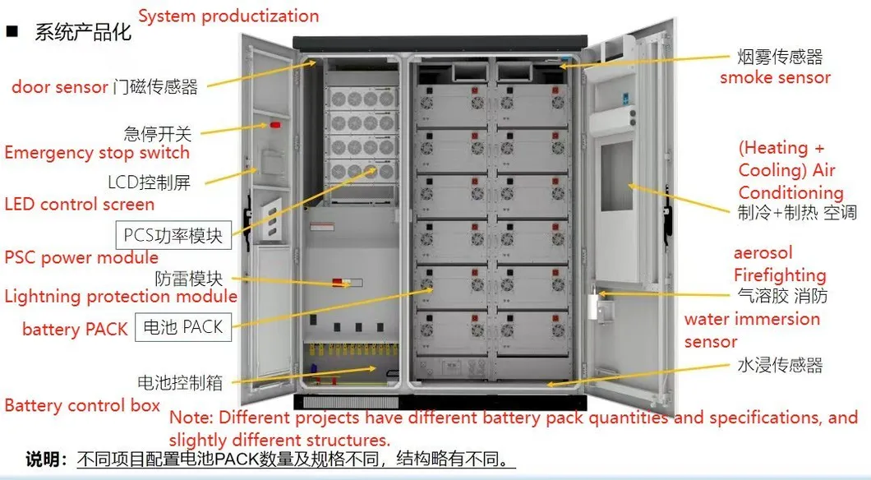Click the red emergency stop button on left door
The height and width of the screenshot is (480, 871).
(x=275, y=124)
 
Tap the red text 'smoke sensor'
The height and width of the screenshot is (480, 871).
(x=776, y=78)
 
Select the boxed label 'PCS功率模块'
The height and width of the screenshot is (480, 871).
(x=173, y=235)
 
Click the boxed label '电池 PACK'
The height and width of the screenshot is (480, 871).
(x=183, y=326)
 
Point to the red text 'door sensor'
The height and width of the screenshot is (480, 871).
(x=60, y=86)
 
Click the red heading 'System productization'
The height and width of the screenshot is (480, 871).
(x=229, y=16)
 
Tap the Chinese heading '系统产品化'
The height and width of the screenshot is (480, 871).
(x=83, y=32)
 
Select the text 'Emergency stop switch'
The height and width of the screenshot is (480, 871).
(x=97, y=153)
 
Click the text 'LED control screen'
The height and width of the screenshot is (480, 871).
(x=80, y=204)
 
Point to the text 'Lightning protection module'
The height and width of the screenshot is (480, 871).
(x=121, y=296)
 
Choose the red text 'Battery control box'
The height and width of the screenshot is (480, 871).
(x=82, y=405)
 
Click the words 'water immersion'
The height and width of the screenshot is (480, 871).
(x=752, y=319)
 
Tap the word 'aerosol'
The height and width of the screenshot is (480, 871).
(x=763, y=253)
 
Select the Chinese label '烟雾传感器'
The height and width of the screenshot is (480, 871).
(x=781, y=57)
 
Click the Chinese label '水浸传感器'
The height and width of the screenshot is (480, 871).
(x=781, y=365)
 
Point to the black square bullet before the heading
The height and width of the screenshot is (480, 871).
(x=12, y=31)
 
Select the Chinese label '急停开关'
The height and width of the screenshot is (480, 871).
(x=158, y=134)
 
